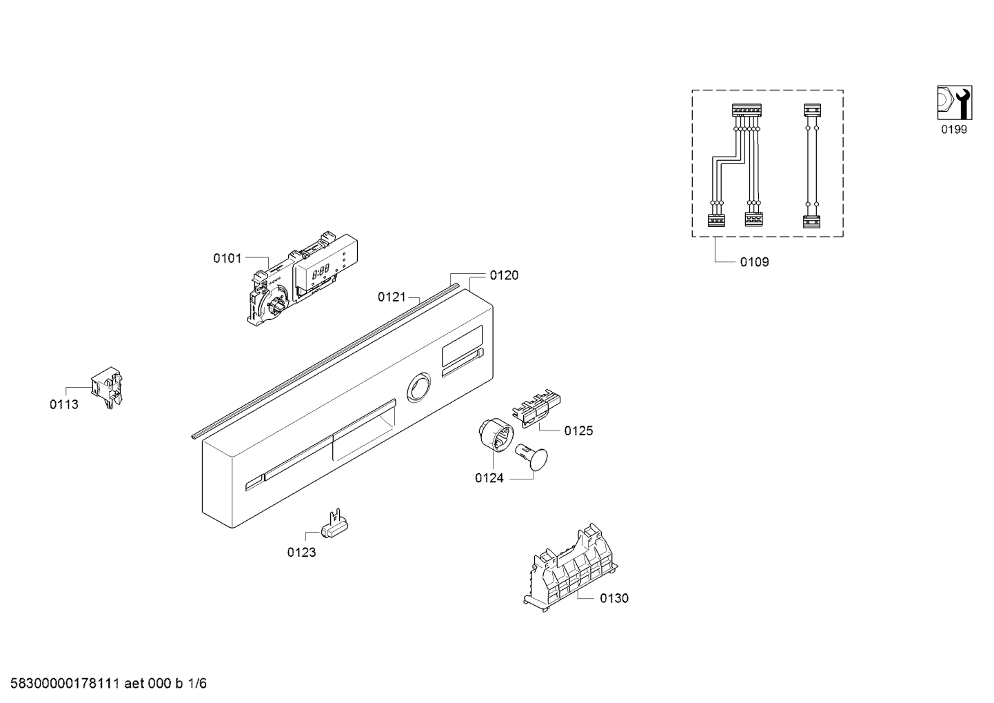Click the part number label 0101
point(227,258)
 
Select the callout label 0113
point(64,404)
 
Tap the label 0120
point(504,275)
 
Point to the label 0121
point(392,297)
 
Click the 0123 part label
point(301,553)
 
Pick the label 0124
point(489,478)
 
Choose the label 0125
point(578,430)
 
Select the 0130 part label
point(614,598)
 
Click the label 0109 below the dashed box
point(754,262)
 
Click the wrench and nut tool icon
point(955,103)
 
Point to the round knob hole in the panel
point(418,388)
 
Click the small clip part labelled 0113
point(107,387)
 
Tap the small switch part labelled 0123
point(334,524)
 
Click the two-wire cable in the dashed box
point(812,166)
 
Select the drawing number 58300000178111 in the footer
point(65,684)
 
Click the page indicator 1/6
point(198,684)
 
